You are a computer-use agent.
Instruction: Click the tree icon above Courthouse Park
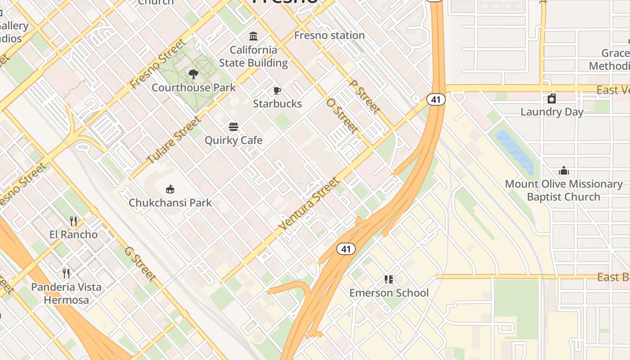tap(193, 74)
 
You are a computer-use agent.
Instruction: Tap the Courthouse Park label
tap(193, 87)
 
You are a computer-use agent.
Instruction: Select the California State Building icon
tap(253, 36)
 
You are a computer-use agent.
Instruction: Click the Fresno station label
tap(329, 35)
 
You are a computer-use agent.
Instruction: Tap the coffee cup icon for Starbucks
tap(277, 90)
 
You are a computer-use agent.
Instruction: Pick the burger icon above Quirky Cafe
tap(233, 127)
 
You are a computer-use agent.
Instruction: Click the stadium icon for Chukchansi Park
tap(170, 189)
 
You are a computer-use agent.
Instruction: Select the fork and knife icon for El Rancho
tap(73, 221)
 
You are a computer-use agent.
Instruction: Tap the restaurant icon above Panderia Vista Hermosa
tap(66, 273)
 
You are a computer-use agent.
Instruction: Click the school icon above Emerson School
tap(389, 279)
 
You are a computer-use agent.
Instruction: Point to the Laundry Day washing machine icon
tap(552, 99)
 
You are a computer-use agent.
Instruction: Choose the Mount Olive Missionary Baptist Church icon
tap(564, 171)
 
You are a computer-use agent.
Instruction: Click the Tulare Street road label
tap(175, 140)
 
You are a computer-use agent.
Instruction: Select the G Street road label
tap(140, 264)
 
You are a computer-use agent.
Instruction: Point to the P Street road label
tap(364, 97)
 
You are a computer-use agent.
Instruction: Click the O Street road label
tap(343, 116)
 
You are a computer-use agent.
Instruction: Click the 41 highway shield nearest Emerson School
tap(346, 249)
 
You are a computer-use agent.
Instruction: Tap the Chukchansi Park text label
tap(170, 202)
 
